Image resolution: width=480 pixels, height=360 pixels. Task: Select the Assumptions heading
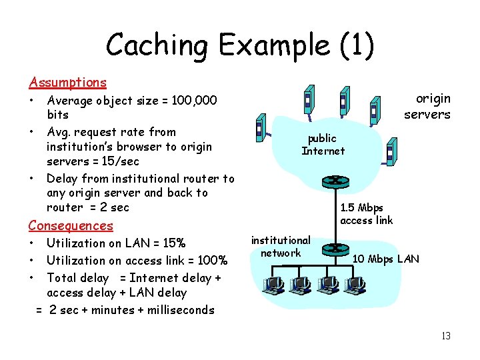(67, 83)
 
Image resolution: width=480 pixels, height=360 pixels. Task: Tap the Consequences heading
(71, 226)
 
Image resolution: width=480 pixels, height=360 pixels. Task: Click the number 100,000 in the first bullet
(194, 101)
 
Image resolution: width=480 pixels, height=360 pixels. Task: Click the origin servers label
(428, 107)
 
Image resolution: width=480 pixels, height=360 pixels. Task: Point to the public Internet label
(323, 145)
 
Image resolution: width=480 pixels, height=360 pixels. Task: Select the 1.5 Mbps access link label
(366, 214)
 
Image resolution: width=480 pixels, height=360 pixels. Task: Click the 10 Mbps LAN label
(386, 259)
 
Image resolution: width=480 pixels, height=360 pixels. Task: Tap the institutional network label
(281, 247)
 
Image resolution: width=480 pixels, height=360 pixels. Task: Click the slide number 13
(445, 336)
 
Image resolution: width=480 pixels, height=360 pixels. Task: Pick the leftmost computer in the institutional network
(273, 286)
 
